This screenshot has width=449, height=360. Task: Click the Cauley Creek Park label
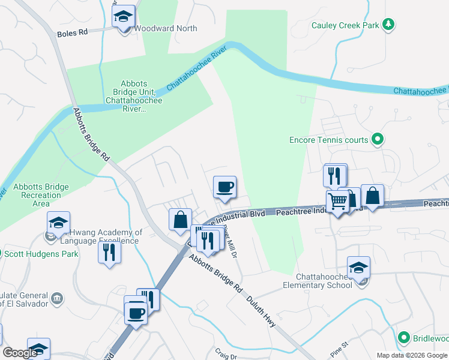tap(346, 25)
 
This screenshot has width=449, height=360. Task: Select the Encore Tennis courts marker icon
tap(377, 140)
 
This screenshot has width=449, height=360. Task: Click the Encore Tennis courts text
tap(328, 140)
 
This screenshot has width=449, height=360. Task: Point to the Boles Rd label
tap(73, 33)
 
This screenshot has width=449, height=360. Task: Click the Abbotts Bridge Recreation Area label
tap(41, 195)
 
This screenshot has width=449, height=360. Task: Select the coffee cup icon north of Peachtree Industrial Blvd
tap(225, 187)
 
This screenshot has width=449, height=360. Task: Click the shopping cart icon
tap(337, 202)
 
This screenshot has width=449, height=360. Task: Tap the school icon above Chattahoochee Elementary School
tap(358, 268)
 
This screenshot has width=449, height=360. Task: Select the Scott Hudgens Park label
tap(41, 254)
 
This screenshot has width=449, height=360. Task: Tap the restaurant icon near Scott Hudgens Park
tap(109, 251)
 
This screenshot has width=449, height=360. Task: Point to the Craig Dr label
tap(225, 355)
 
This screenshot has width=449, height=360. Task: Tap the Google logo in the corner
tap(20, 353)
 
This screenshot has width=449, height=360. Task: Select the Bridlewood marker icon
tap(405, 338)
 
